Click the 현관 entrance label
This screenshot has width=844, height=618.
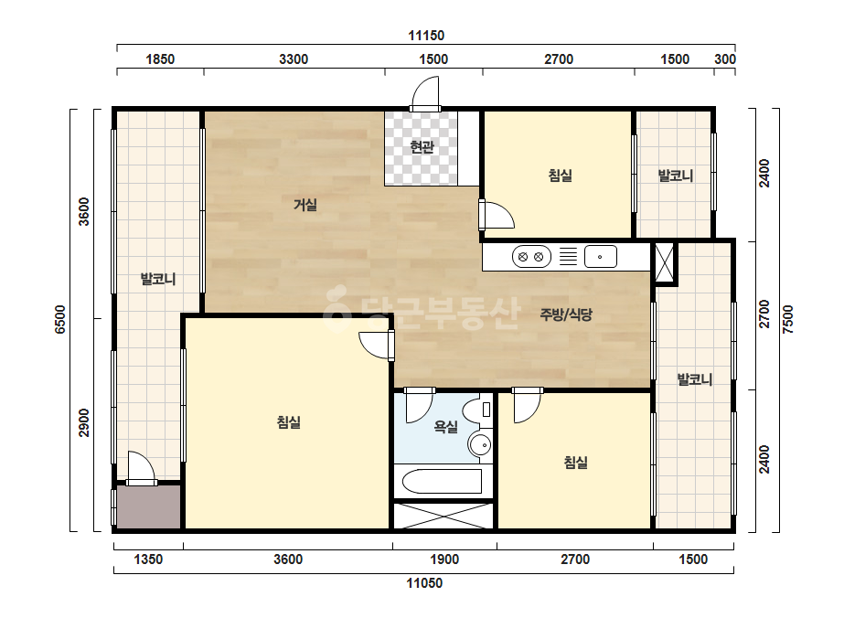pos(422,146)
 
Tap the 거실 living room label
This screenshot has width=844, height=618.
pos(304,205)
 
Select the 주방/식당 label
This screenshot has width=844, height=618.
pos(566,314)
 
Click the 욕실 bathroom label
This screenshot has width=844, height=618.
pos(445,427)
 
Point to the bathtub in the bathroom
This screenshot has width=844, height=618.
pos(442,481)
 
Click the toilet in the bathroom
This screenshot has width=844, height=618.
pos(478,410)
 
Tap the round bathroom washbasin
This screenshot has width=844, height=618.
pos(479,445)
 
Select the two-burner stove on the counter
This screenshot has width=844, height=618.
pos(530,257)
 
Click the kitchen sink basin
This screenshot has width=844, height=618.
pos(600,257)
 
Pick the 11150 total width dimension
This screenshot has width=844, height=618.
pos(426,36)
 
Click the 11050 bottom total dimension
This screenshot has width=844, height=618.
pos(424,583)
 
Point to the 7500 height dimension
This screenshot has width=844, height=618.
pos(787,319)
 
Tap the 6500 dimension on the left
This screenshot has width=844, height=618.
pos(59,319)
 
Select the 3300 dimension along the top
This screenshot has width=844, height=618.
pos(294,59)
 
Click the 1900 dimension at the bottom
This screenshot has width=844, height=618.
pos(444,559)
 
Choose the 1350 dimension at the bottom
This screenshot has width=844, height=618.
pos(148,559)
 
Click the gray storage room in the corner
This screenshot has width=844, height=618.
pos(148,507)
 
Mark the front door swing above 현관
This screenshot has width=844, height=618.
pos(424,93)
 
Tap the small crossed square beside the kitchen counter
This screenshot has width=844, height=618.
pos(664,262)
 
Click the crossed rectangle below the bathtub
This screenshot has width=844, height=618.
pos(443,516)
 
